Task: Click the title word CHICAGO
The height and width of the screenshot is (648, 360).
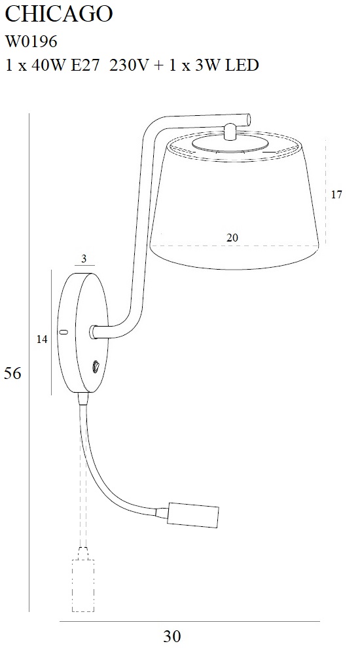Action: (x=59, y=14)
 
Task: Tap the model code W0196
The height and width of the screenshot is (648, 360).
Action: (x=31, y=41)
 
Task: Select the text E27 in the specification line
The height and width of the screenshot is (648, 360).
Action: (x=86, y=65)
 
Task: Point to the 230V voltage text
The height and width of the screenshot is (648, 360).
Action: (x=128, y=65)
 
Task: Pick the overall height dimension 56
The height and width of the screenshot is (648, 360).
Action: (x=12, y=373)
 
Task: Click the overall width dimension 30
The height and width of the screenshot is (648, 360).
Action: (x=172, y=636)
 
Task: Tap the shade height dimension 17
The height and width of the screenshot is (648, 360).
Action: (x=337, y=194)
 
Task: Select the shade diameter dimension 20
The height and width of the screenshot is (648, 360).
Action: (x=232, y=238)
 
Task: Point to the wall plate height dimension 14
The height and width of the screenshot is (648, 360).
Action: (x=42, y=339)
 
